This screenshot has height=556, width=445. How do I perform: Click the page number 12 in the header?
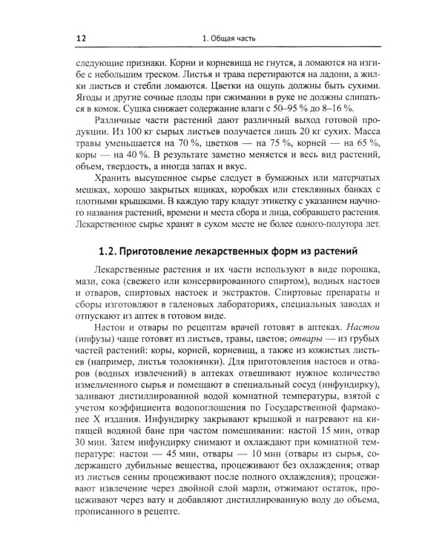(x=81, y=38)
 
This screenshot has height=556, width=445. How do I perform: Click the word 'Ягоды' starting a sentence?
(x=92, y=94)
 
